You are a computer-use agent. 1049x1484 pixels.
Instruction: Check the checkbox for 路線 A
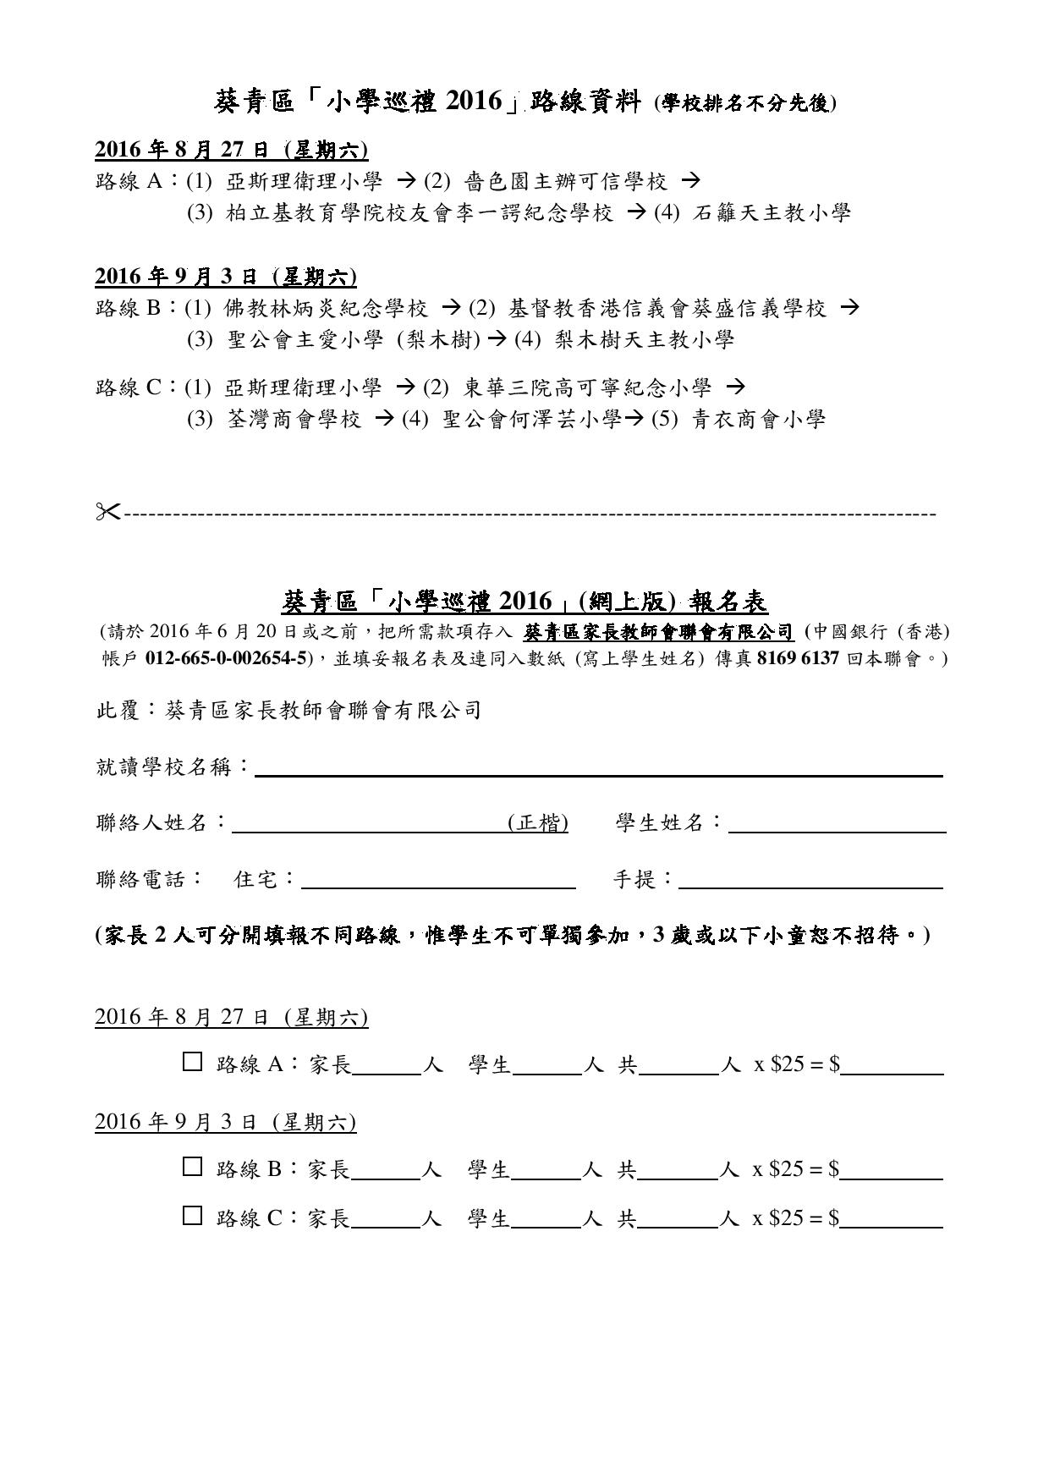[x=192, y=1062]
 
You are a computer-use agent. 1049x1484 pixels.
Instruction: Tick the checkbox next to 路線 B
[x=192, y=1167]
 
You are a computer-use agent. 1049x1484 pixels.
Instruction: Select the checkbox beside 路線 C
[x=192, y=1216]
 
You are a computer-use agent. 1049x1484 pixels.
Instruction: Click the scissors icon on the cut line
[x=108, y=511]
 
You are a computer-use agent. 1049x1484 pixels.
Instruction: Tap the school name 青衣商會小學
[x=759, y=418]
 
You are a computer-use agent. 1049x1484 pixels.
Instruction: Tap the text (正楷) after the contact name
[x=538, y=823]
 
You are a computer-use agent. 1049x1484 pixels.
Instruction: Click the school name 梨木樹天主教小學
[x=645, y=340]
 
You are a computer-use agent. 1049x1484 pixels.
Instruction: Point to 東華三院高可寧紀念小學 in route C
[x=589, y=387]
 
